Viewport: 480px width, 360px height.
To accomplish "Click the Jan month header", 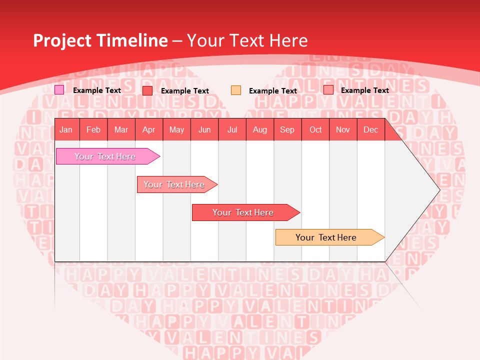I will point(66,130).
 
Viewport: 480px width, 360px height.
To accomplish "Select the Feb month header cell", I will point(93,130).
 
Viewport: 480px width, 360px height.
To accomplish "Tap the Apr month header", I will point(148,130).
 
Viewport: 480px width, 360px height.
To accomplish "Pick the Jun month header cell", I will point(204,130).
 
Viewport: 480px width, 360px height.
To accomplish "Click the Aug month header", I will point(259,130).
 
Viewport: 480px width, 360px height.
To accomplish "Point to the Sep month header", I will point(287,130).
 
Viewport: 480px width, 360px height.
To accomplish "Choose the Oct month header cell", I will point(315,130).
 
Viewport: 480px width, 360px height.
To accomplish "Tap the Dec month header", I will point(370,130).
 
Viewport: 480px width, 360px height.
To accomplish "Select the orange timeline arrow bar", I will point(327,237).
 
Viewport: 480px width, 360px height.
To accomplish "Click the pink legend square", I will point(59,90).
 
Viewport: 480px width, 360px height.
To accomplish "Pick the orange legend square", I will point(236,90).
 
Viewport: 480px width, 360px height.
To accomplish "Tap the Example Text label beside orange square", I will point(272,91).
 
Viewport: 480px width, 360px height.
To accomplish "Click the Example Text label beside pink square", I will point(96,90).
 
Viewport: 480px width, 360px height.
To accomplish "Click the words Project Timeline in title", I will point(100,40).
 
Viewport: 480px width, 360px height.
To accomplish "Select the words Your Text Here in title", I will point(247,40).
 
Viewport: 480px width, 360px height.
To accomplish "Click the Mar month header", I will point(121,130).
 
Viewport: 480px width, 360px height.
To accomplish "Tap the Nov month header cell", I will point(342,130).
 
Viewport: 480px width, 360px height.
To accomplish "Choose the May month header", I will point(176,130).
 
